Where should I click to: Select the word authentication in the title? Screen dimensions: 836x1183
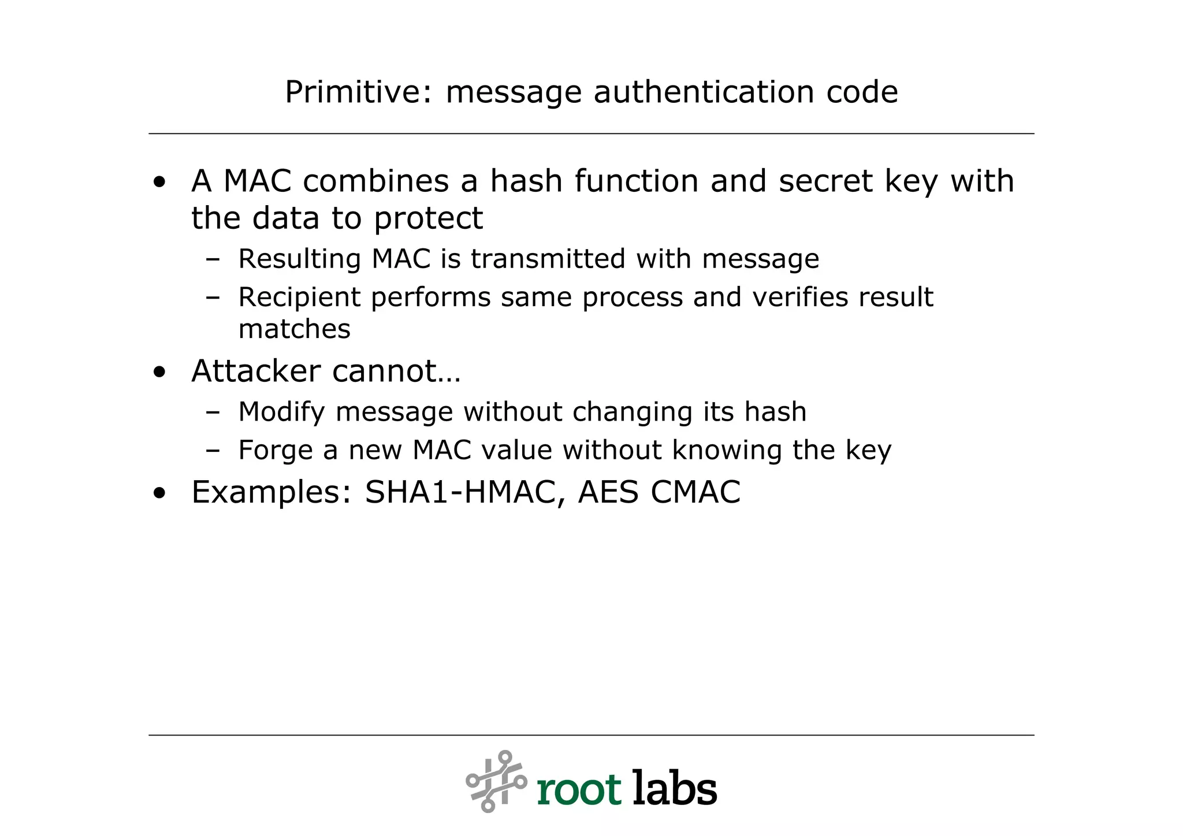[704, 92]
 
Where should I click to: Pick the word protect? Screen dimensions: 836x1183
[428, 219]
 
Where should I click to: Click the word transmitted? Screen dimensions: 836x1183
[548, 258]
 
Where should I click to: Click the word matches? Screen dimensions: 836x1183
[294, 329]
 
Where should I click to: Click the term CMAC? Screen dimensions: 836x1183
[695, 492]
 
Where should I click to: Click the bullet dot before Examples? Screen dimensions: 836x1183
[159, 493]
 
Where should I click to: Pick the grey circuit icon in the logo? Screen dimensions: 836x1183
[496, 781]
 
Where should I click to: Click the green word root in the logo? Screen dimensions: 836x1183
[579, 789]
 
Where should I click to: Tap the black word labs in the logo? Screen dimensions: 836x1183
[675, 787]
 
